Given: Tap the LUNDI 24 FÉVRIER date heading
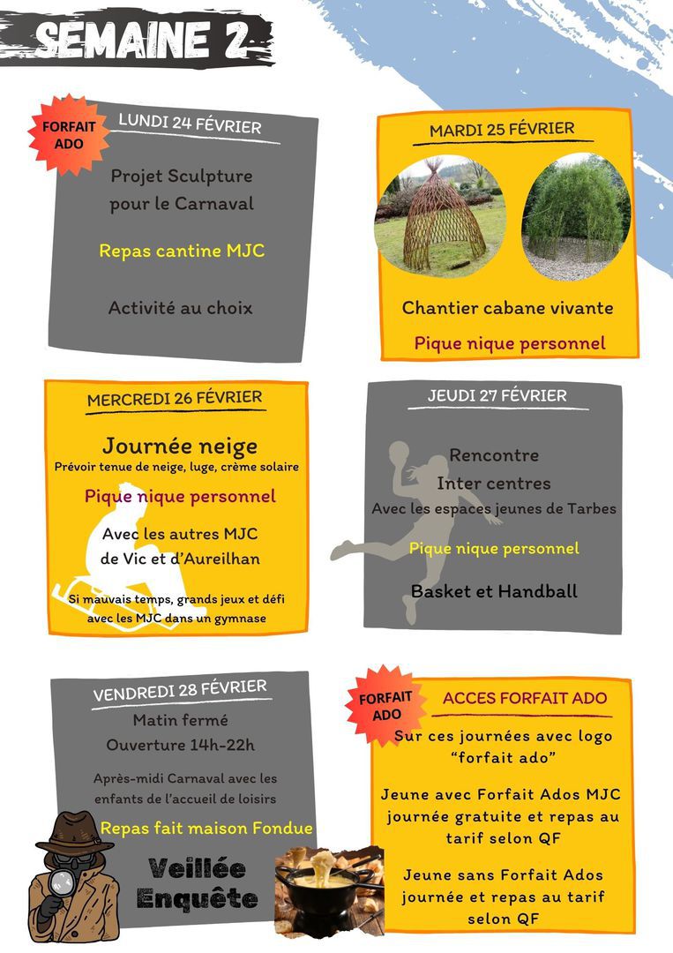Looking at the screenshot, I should [x=190, y=124].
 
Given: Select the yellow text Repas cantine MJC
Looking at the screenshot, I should [x=182, y=251].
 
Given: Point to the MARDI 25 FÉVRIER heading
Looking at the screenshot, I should [x=501, y=130].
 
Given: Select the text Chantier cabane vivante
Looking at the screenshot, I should [x=507, y=308].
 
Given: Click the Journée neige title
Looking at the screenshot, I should [x=179, y=446].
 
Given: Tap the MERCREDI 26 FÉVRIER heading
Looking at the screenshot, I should [x=174, y=399].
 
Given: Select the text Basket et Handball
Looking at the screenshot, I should [x=494, y=592].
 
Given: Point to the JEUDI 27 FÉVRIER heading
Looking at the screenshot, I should [x=497, y=396].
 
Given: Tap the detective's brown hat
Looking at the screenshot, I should [x=74, y=829].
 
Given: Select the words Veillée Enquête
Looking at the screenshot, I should [x=197, y=883].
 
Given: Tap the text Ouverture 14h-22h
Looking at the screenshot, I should [x=180, y=745].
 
